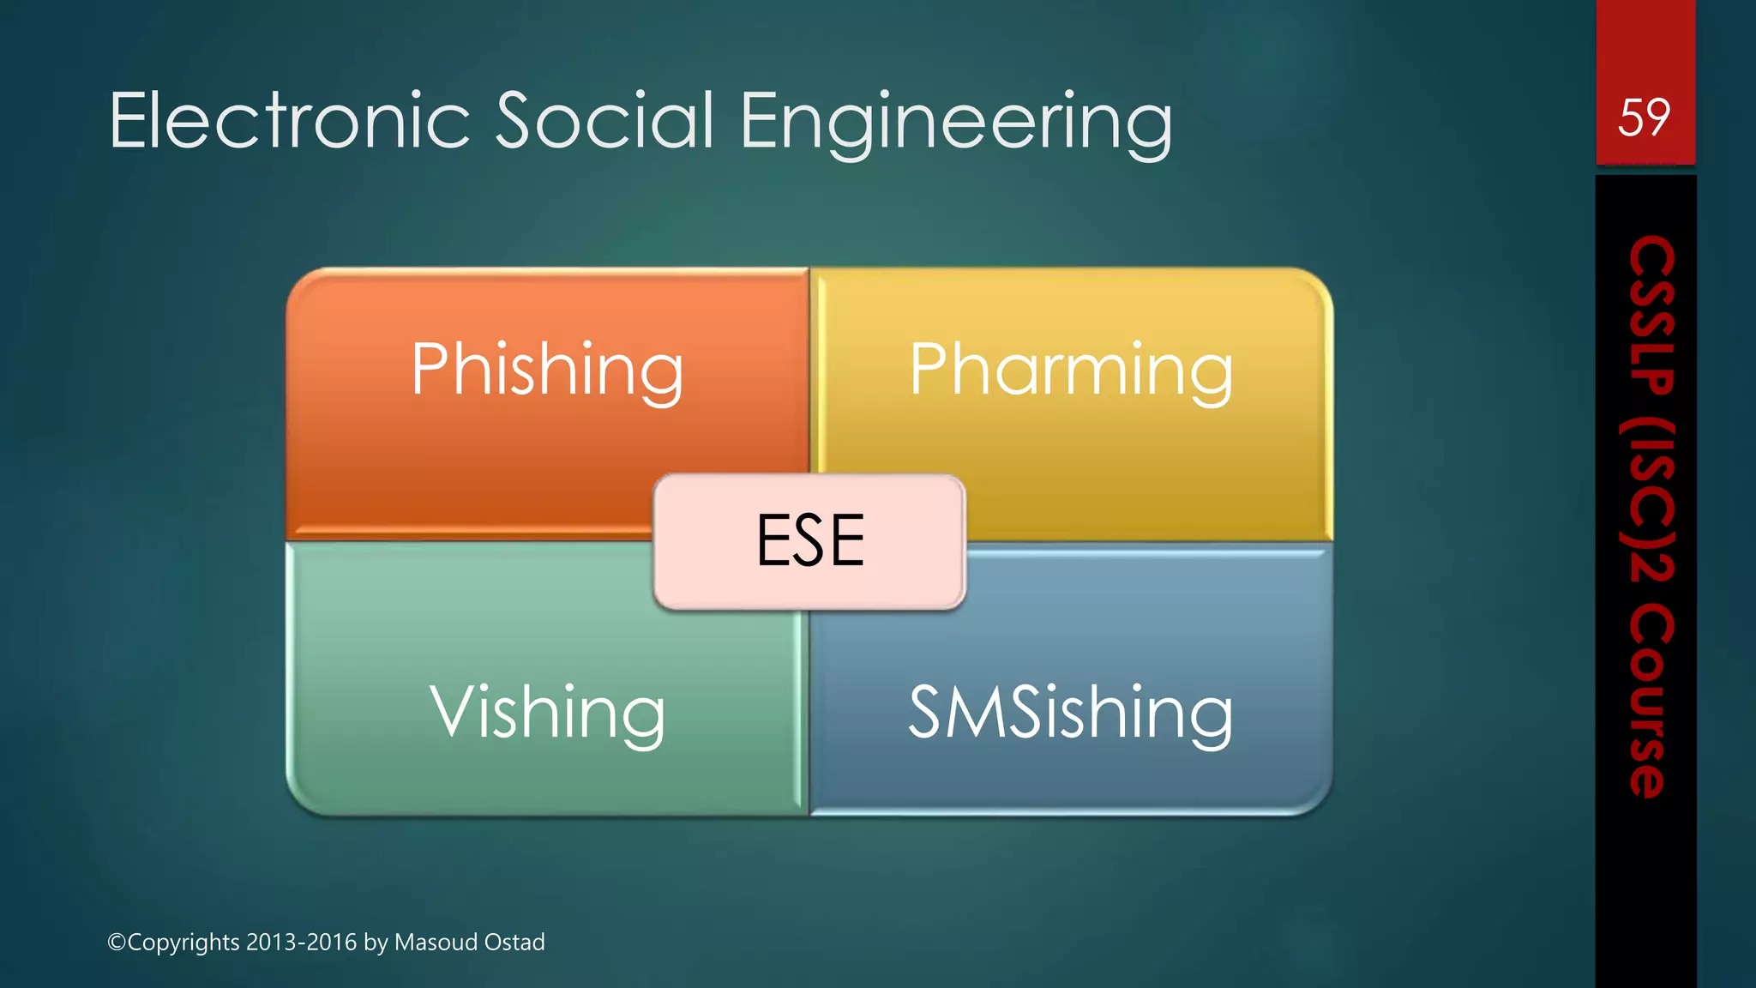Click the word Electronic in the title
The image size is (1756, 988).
click(x=290, y=121)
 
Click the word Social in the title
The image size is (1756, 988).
click(x=604, y=121)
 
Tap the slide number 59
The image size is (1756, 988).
click(x=1644, y=117)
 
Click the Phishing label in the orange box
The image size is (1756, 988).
click(x=547, y=370)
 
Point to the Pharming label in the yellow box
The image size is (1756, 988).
click(x=1071, y=370)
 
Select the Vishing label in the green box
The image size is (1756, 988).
click(x=547, y=713)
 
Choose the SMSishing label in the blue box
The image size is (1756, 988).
click(x=1070, y=713)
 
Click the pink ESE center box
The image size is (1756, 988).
click(x=809, y=541)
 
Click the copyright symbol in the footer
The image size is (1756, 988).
click(x=117, y=943)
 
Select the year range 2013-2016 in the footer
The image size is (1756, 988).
click(x=301, y=943)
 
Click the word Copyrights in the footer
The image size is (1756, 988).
click(x=183, y=943)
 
